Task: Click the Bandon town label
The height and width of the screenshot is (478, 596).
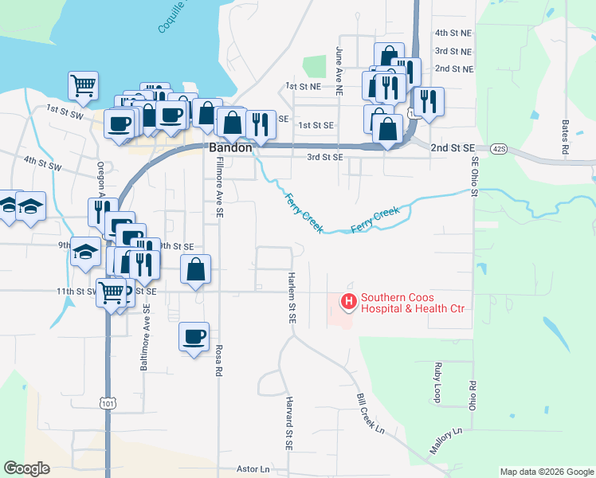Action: click(231, 148)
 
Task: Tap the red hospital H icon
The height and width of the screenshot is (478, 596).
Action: click(348, 302)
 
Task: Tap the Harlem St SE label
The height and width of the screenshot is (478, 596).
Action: click(292, 296)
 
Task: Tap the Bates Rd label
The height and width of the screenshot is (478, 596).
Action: click(564, 137)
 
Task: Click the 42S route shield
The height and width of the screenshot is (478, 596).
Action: click(499, 148)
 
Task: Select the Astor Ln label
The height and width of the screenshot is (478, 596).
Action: click(253, 470)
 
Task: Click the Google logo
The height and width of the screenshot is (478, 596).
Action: click(26, 468)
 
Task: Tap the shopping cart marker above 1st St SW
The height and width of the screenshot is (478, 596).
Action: click(83, 84)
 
